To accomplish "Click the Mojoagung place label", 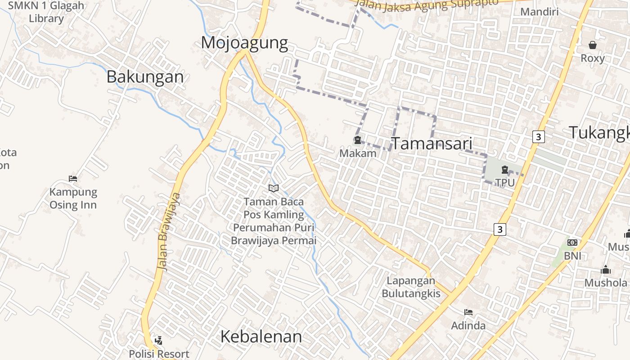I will click(x=244, y=43).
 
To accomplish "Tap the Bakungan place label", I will click(x=145, y=77).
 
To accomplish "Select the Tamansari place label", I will click(x=432, y=144).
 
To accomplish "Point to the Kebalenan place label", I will click(x=261, y=337).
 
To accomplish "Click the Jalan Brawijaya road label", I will click(x=169, y=232).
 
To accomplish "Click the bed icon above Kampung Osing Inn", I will click(x=73, y=179).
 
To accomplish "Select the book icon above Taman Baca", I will click(x=274, y=188).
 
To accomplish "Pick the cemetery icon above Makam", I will click(x=357, y=140).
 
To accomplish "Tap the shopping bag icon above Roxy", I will click(x=593, y=45).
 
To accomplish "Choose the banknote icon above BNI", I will click(x=572, y=243).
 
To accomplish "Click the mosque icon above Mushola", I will click(x=606, y=270).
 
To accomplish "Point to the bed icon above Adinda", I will click(x=468, y=312).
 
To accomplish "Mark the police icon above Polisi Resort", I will click(x=158, y=341).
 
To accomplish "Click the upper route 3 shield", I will click(x=538, y=136).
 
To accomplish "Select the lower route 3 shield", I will click(x=499, y=229).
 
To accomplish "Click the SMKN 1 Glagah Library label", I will click(x=46, y=12).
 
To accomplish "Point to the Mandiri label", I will click(x=539, y=11).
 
